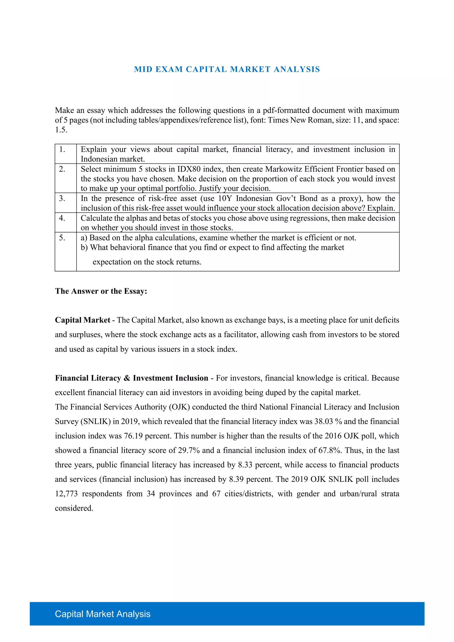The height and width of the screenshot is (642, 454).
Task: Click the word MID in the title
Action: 143,69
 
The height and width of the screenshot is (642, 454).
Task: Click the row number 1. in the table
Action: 62,150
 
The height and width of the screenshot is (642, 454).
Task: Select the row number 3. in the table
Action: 62,198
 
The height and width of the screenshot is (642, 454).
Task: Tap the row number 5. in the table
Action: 62,238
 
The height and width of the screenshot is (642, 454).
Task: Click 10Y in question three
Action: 225,198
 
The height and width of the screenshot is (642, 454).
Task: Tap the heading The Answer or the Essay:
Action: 101,291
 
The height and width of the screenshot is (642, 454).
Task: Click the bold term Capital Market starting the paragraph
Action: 82,320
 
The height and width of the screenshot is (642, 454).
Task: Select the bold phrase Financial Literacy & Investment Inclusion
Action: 131,378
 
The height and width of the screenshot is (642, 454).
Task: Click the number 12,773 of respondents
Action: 66,494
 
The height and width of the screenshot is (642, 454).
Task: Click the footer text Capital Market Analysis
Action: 102,614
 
